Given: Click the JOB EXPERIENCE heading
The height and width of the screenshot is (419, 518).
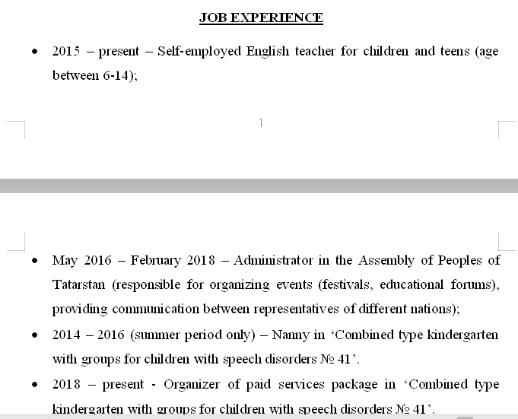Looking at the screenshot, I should pyautogui.click(x=261, y=17).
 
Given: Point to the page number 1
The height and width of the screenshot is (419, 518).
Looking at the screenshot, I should pyautogui.click(x=261, y=122).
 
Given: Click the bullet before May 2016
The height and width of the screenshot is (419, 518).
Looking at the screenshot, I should pyautogui.click(x=35, y=260).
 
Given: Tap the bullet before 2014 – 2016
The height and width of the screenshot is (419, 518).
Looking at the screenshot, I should pyautogui.click(x=35, y=335).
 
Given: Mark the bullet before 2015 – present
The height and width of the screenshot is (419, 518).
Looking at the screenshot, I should pyautogui.click(x=35, y=52).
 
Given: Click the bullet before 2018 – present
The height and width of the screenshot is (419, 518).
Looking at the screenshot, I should pyautogui.click(x=35, y=385).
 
